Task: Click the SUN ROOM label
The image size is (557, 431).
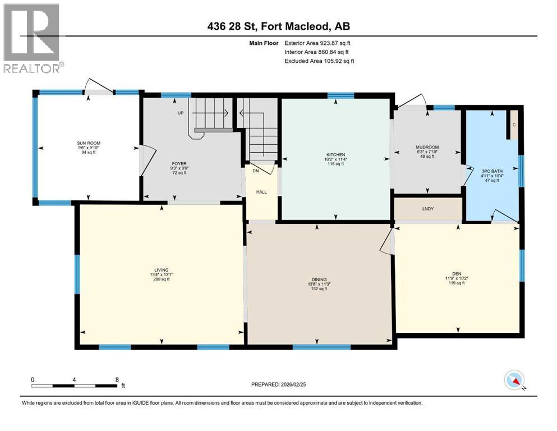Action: coord(89,144)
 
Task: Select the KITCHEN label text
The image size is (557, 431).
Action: coord(335,155)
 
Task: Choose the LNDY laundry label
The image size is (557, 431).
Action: coord(427,209)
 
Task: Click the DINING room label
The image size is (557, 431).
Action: coord(319,280)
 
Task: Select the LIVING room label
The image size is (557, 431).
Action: coord(162,270)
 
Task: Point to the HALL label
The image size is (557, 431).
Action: coord(262,191)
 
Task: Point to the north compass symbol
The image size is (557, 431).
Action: coord(514,380)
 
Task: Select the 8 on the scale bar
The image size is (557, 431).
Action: coord(116,379)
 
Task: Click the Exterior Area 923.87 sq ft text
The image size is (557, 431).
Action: coord(317,43)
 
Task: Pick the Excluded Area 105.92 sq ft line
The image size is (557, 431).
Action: coord(319,61)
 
